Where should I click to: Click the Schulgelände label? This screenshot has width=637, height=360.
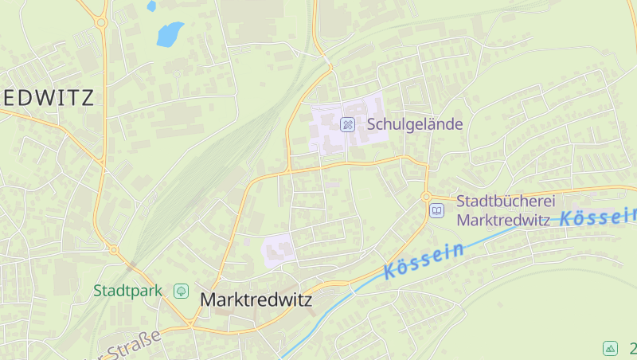click(414, 124)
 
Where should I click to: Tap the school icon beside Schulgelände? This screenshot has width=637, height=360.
click(347, 124)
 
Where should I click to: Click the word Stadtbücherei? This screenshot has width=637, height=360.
click(505, 202)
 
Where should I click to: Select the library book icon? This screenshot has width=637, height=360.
click(436, 210)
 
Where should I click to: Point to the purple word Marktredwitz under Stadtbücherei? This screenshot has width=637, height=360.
click(502, 220)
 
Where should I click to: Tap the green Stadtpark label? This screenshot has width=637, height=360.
click(127, 291)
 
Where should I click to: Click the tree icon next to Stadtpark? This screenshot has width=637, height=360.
click(181, 291)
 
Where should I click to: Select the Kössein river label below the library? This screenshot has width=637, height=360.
click(424, 261)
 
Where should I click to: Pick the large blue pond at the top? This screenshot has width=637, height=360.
click(170, 34)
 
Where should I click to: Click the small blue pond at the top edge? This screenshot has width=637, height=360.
click(151, 6)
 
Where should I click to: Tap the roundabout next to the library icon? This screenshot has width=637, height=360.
click(426, 197)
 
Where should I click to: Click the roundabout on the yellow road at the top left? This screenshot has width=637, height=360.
click(101, 23)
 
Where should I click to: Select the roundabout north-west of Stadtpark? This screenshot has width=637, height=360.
click(113, 249)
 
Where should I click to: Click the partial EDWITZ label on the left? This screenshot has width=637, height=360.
click(48, 98)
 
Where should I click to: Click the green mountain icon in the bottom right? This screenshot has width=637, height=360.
click(610, 348)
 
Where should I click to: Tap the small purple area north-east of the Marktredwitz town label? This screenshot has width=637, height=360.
click(279, 251)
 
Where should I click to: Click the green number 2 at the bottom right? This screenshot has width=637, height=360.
click(632, 348)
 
